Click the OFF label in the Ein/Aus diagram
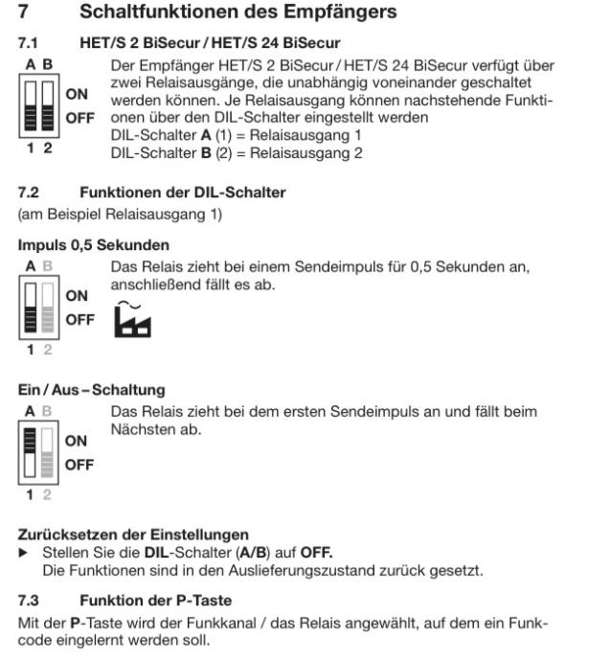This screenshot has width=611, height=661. [x=78, y=466]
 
